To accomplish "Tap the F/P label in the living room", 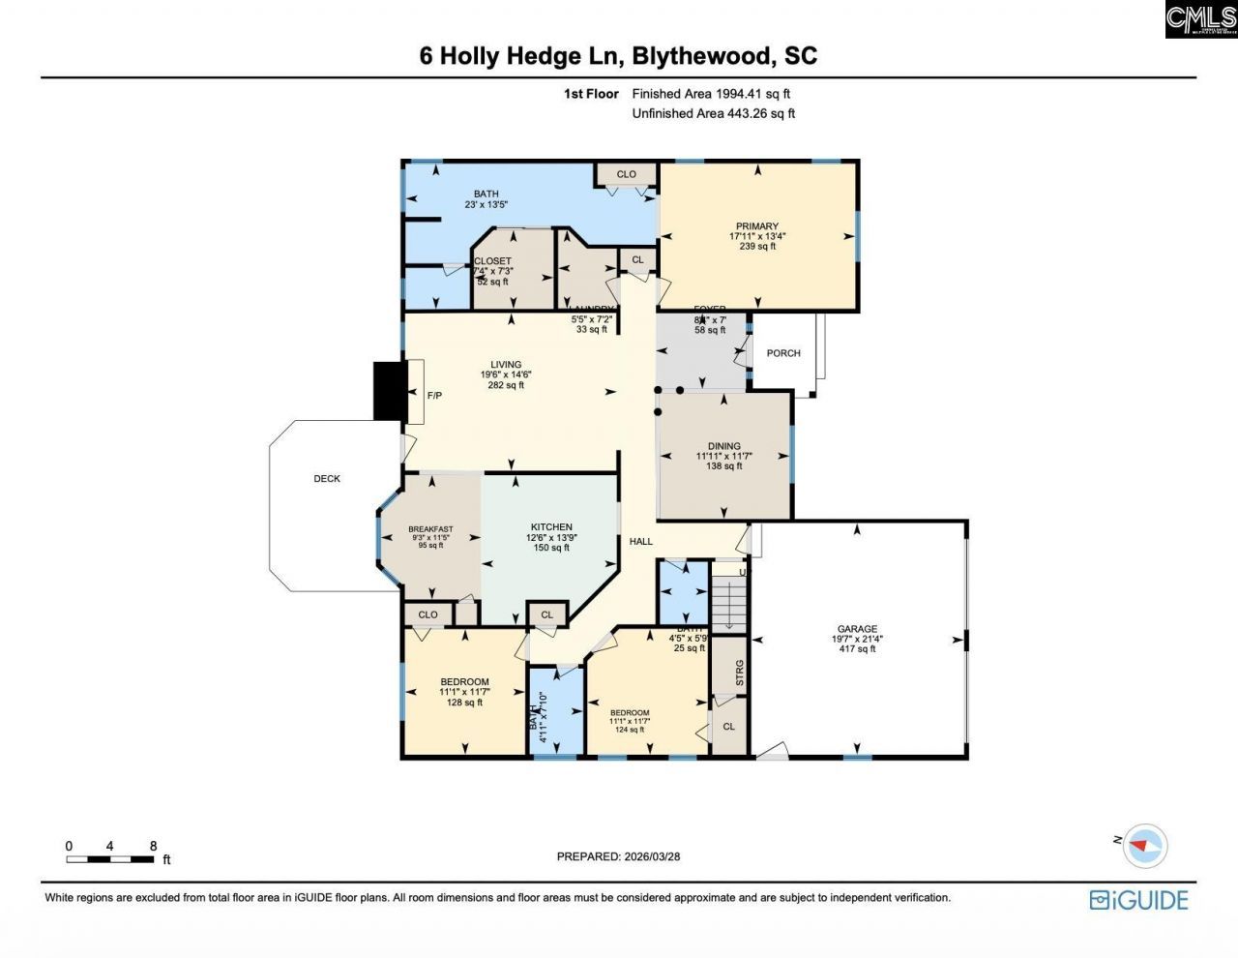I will (435, 395).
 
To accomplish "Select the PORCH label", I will (783, 353).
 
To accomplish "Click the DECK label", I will (327, 479).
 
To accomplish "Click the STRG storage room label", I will (740, 673).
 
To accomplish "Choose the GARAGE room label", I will (857, 629).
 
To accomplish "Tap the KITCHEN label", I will (551, 527).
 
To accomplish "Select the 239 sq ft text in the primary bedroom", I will (757, 247).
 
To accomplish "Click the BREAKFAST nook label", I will (430, 529).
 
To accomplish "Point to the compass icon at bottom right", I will (1145, 845).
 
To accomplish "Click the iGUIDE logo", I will (1138, 900).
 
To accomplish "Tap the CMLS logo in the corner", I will (1200, 19).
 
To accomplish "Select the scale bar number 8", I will (153, 846).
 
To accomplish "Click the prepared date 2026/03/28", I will (652, 856).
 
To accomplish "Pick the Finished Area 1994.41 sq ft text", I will (711, 94).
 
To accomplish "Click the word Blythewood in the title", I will (703, 55).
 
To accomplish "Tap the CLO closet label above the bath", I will (627, 175).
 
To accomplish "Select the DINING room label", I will (723, 446).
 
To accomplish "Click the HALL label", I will (641, 542).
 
